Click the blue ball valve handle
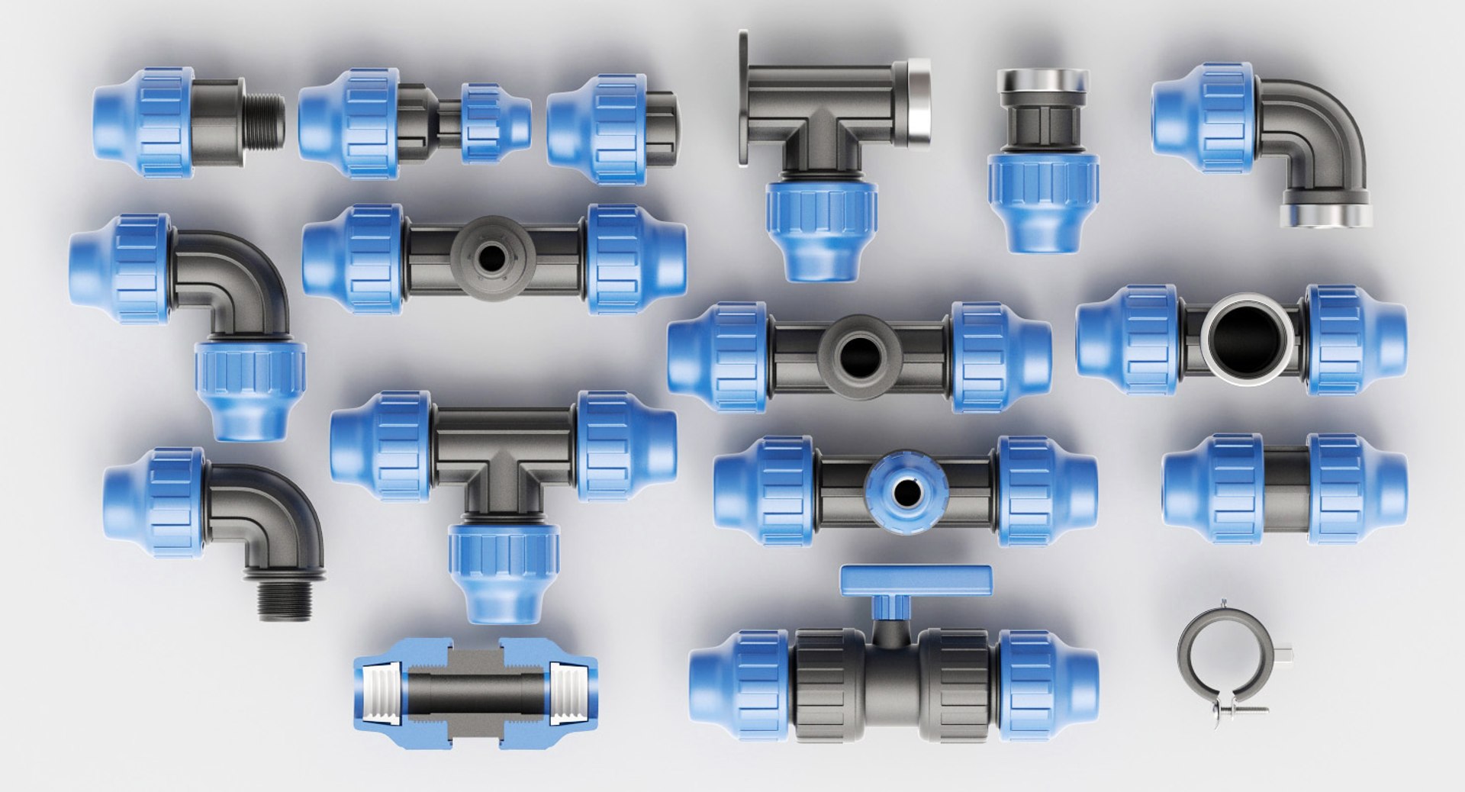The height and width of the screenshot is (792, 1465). (x=916, y=581)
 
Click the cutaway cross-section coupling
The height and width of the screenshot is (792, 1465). (x=474, y=694)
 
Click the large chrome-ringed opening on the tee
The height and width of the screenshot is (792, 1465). (x=1247, y=336)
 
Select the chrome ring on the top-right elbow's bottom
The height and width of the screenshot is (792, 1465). (x=1325, y=214)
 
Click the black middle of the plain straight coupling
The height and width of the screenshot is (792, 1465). (x=1285, y=488)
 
